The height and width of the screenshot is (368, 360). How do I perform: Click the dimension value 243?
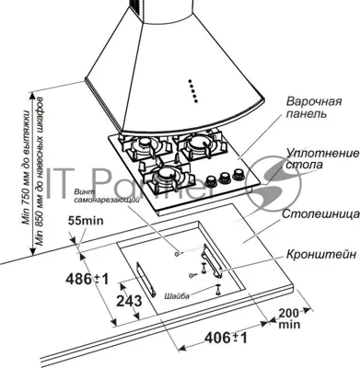coord(129,301)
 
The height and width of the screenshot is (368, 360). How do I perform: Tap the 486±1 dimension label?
coord(87,280)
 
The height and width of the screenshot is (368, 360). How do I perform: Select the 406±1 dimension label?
coord(226,338)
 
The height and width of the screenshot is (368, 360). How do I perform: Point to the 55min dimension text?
coord(86,221)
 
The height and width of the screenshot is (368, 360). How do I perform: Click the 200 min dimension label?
coord(289,318)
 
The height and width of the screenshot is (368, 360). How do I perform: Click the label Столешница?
coord(320,214)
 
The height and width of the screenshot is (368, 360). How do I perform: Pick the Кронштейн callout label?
coord(321,254)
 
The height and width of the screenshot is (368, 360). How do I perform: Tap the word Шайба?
coord(177,296)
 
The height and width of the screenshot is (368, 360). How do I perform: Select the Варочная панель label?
coord(314,108)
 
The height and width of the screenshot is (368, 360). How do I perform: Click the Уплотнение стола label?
coord(322,158)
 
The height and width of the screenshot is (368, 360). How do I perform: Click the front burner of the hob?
coord(165,176)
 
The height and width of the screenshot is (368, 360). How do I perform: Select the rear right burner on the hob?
coord(201,144)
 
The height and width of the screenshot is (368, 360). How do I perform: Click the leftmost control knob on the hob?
coord(211,180)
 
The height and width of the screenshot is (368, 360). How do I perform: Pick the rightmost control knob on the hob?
coord(238,174)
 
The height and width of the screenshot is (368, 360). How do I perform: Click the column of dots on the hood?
coord(192,91)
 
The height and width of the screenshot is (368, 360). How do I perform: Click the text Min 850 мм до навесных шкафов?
coord(40,171)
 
